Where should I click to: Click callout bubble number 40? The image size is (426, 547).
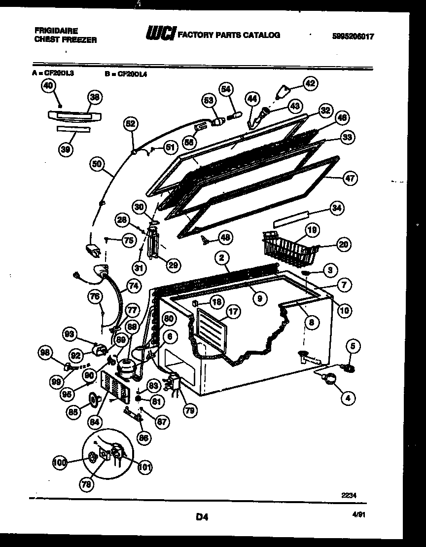[47, 86]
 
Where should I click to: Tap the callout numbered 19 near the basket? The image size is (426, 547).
[312, 230]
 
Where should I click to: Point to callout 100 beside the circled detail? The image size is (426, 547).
[60, 462]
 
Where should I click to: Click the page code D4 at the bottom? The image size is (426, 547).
[202, 517]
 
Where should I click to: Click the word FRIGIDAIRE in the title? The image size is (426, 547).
[56, 31]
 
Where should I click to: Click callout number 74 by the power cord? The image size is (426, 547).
[134, 286]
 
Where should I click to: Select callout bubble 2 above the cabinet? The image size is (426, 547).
[222, 257]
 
